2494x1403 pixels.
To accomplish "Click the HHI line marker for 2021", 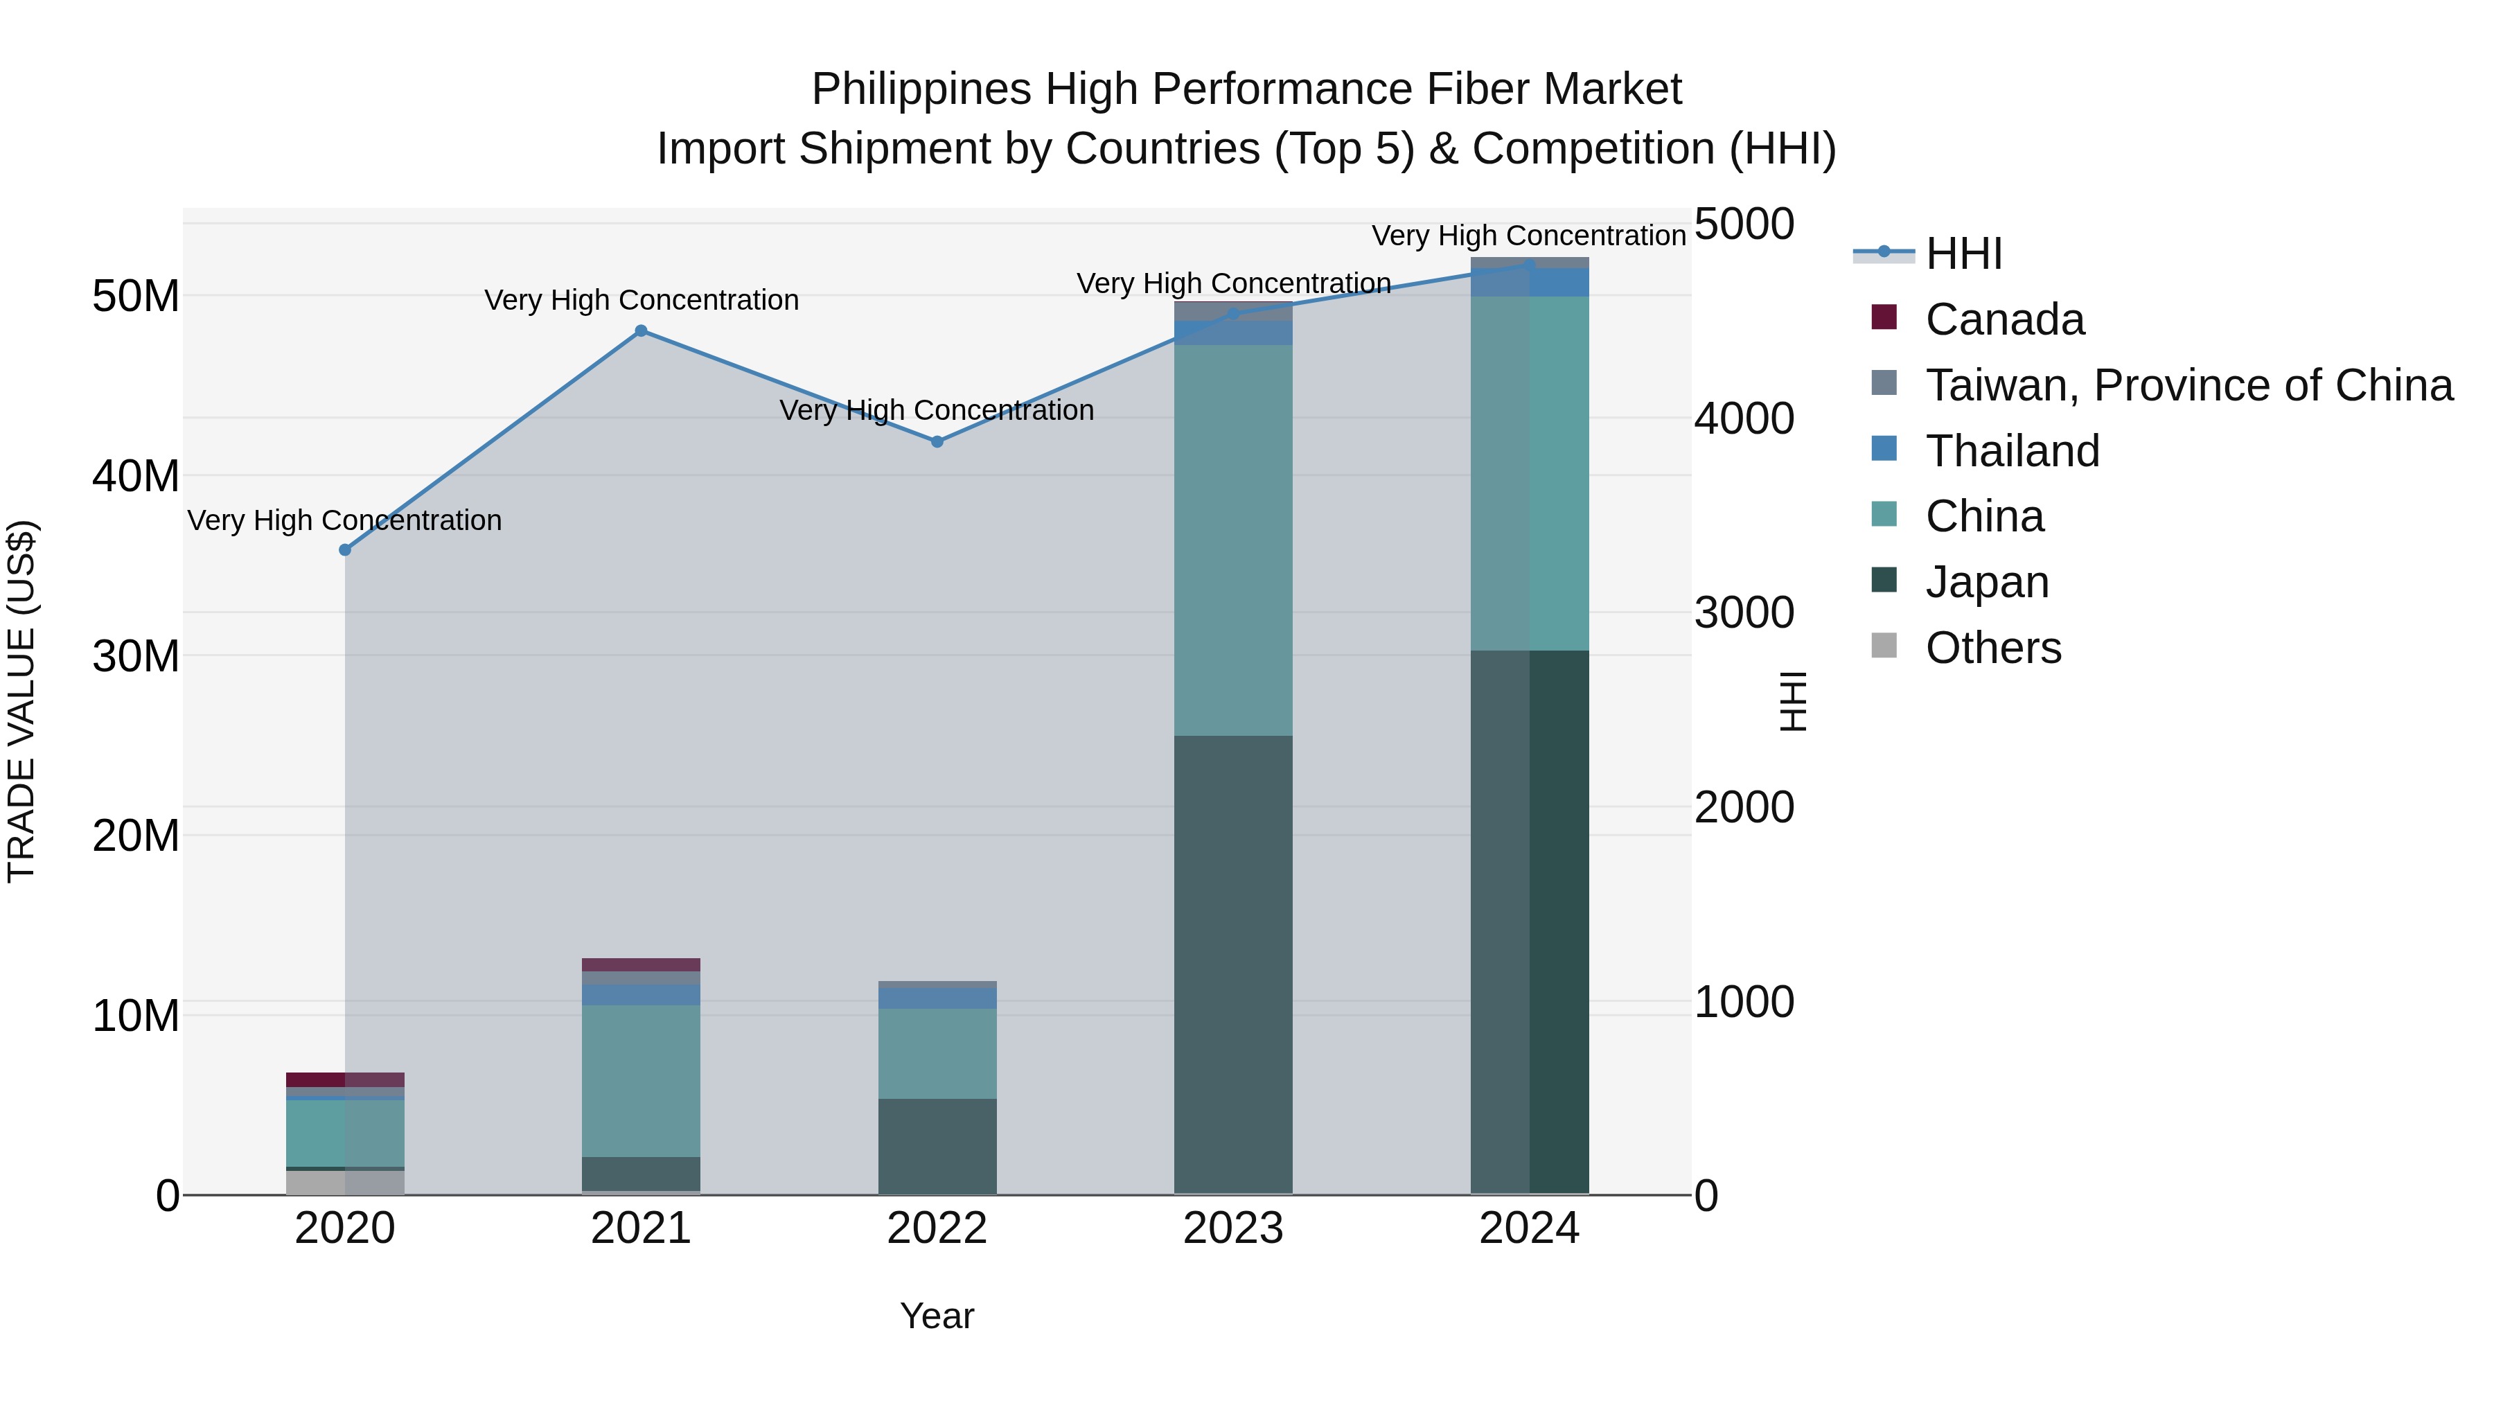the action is tap(641, 331).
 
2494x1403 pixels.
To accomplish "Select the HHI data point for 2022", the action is tap(937, 441).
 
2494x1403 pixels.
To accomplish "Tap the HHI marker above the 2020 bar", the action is tap(345, 550).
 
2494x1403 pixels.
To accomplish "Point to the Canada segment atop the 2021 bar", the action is tap(641, 964).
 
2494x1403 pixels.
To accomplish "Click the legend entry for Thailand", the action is tap(2012, 451).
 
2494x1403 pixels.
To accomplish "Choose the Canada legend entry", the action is tap(2004, 319).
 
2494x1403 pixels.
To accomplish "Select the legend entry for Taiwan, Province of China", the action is tap(2188, 385).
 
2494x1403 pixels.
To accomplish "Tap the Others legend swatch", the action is tap(1884, 645).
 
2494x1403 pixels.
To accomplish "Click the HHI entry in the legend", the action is tap(1963, 254).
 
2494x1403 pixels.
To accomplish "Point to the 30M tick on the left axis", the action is tap(136, 657).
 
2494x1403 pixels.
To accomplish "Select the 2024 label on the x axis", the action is tap(1529, 1228).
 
